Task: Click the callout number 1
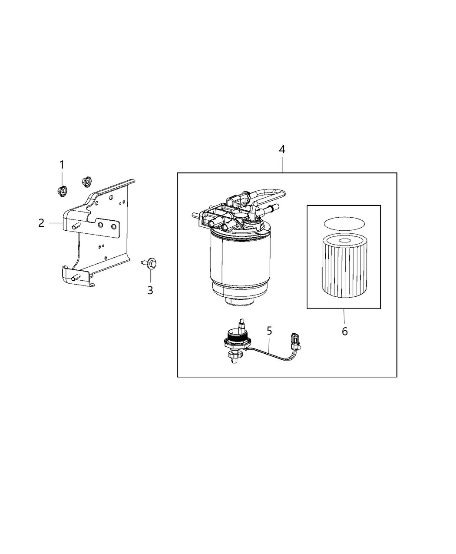pos(62,165)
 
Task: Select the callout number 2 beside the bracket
pos(41,223)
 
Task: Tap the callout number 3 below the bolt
pos(150,290)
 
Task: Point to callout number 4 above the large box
pos(282,149)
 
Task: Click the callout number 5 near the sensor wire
pos(269,331)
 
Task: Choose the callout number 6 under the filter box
pos(344,332)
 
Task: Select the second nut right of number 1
pos(86,180)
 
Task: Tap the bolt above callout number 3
pos(150,263)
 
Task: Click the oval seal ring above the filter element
pos(344,223)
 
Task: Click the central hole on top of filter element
pos(344,240)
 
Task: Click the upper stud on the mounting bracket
pos(77,225)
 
